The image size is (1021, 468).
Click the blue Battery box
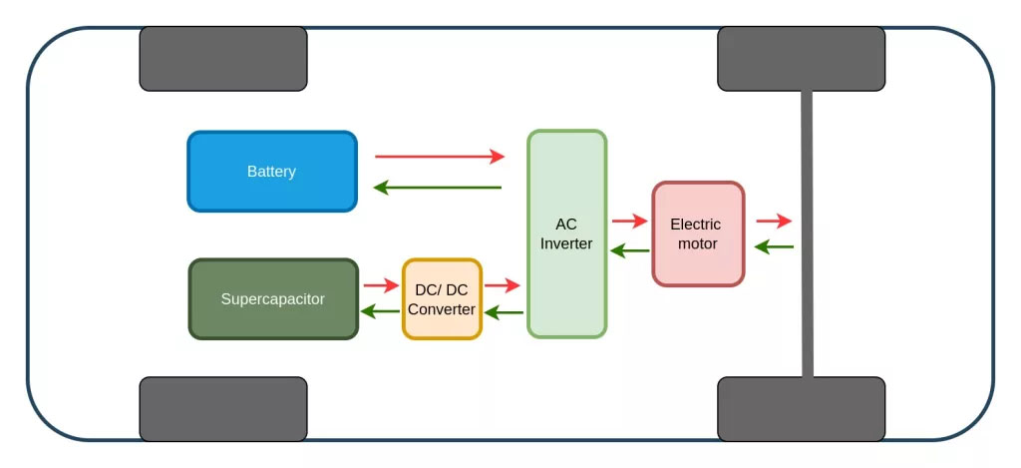tap(272, 172)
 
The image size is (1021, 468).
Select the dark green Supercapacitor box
tap(273, 299)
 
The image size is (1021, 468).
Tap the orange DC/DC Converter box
tap(442, 299)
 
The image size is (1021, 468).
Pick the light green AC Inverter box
tap(566, 234)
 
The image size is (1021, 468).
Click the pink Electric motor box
tap(697, 234)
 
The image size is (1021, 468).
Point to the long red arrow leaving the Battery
tap(439, 157)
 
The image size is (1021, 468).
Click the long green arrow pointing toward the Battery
tap(439, 188)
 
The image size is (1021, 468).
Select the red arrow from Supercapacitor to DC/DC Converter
tap(380, 285)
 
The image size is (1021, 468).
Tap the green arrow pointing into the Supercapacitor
tap(380, 311)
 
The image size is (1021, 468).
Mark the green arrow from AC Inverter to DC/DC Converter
tap(504, 313)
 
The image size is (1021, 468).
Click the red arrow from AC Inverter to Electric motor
tap(629, 221)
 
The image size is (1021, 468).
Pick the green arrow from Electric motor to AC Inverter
tap(629, 250)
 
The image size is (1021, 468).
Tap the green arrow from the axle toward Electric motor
tap(775, 246)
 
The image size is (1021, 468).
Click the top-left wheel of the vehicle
tap(222, 59)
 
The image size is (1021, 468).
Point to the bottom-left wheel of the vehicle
tap(222, 408)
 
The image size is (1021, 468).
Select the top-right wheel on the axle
tap(801, 59)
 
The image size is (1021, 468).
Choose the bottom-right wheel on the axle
tap(801, 408)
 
